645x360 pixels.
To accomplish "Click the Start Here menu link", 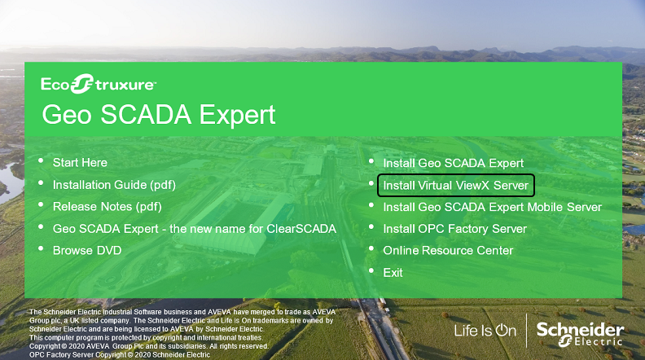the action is [x=80, y=163].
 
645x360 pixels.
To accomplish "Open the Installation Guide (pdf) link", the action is [x=114, y=185].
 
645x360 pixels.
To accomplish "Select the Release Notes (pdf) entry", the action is [x=107, y=207].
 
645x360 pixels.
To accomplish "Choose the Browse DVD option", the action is [x=87, y=251].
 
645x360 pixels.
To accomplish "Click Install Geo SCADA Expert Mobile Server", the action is [x=493, y=207].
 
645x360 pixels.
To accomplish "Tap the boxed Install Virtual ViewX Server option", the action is [x=456, y=185].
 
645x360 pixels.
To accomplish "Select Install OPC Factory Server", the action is [x=454, y=229].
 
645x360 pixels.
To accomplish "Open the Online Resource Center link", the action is [x=448, y=251].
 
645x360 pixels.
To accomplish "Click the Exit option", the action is [x=393, y=273].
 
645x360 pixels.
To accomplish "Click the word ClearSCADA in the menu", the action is [x=301, y=229].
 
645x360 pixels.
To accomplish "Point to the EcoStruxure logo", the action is [x=99, y=84].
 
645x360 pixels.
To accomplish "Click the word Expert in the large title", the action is [x=237, y=115].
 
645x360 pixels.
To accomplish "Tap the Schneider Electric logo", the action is [x=580, y=334].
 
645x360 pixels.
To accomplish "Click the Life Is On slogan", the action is [x=485, y=331].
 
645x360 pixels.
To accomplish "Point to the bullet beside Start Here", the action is [x=41, y=161].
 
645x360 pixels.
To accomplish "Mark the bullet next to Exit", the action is [x=371, y=270].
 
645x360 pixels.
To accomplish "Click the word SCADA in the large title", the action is [x=146, y=114].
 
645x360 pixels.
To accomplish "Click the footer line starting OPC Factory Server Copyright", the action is [x=119, y=354].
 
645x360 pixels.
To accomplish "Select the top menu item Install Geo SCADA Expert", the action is [x=454, y=164].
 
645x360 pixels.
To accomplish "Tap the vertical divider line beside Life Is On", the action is [x=527, y=331].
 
